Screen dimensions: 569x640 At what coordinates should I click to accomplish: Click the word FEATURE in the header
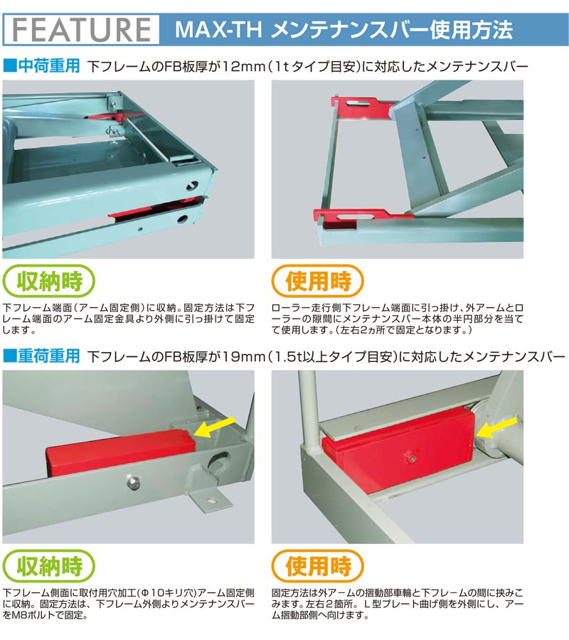pos(82,29)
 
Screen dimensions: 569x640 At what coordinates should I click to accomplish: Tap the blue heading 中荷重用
pos(49,65)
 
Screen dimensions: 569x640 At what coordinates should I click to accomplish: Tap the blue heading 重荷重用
pos(49,356)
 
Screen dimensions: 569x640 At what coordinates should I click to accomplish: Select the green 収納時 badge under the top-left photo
pos(49,281)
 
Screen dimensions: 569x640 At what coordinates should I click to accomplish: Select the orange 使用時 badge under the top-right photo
pos(317,281)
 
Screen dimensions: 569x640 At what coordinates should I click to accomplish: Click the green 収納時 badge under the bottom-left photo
pos(49,566)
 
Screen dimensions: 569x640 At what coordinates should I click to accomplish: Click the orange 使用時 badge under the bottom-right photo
pos(317,566)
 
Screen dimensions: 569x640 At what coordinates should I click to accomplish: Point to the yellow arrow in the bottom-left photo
pos(215,427)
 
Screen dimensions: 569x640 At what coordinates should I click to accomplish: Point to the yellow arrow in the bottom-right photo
pos(497,428)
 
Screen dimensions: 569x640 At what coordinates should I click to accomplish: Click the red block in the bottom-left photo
pos(121,452)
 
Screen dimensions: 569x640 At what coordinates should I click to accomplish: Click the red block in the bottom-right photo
pos(398,447)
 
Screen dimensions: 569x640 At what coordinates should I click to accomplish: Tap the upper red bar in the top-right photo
pos(361,107)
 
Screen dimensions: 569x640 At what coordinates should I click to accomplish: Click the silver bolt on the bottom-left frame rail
pos(132,482)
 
